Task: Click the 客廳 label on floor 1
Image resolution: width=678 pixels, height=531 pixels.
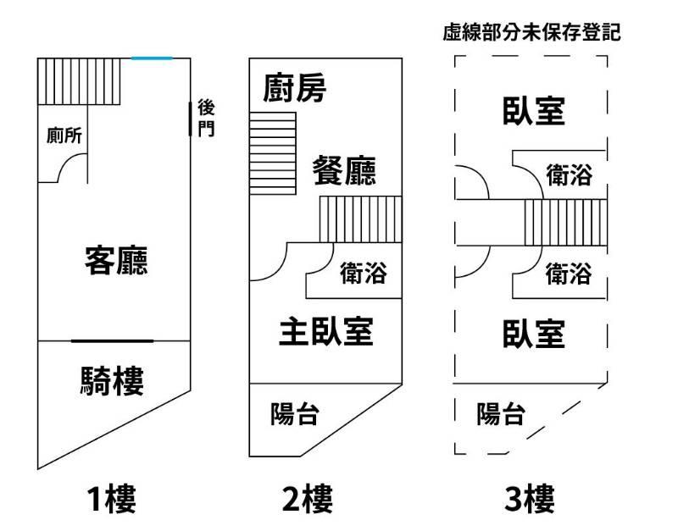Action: pos(117,260)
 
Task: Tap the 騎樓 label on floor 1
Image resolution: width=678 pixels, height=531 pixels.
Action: pos(113,381)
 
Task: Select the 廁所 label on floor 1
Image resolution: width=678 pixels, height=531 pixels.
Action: pos(64,135)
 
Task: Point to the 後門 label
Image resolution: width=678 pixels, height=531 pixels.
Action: pos(206,118)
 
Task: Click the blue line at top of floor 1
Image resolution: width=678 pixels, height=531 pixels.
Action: pos(152,58)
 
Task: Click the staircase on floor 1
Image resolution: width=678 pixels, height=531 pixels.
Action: pos(81,80)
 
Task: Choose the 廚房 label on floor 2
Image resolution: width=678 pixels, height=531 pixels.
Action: pos(295,87)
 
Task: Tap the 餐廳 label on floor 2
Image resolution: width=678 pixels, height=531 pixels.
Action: pos(344,170)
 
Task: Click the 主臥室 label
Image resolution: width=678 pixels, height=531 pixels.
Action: pos(326,331)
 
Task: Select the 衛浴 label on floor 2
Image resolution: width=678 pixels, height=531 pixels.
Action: pos(363,274)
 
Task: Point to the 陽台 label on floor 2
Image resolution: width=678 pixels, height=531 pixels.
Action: pos(294,414)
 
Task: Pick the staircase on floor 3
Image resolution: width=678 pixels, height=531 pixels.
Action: pos(565,222)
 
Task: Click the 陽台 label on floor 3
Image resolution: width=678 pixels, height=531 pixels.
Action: pos(500,414)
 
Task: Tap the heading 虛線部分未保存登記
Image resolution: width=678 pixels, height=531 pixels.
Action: pos(532,33)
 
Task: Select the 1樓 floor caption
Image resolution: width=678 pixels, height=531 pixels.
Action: pos(111,499)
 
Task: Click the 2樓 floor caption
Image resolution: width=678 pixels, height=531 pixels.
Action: pos(307,499)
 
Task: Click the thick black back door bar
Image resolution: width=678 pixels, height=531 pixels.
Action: pos(190,118)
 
